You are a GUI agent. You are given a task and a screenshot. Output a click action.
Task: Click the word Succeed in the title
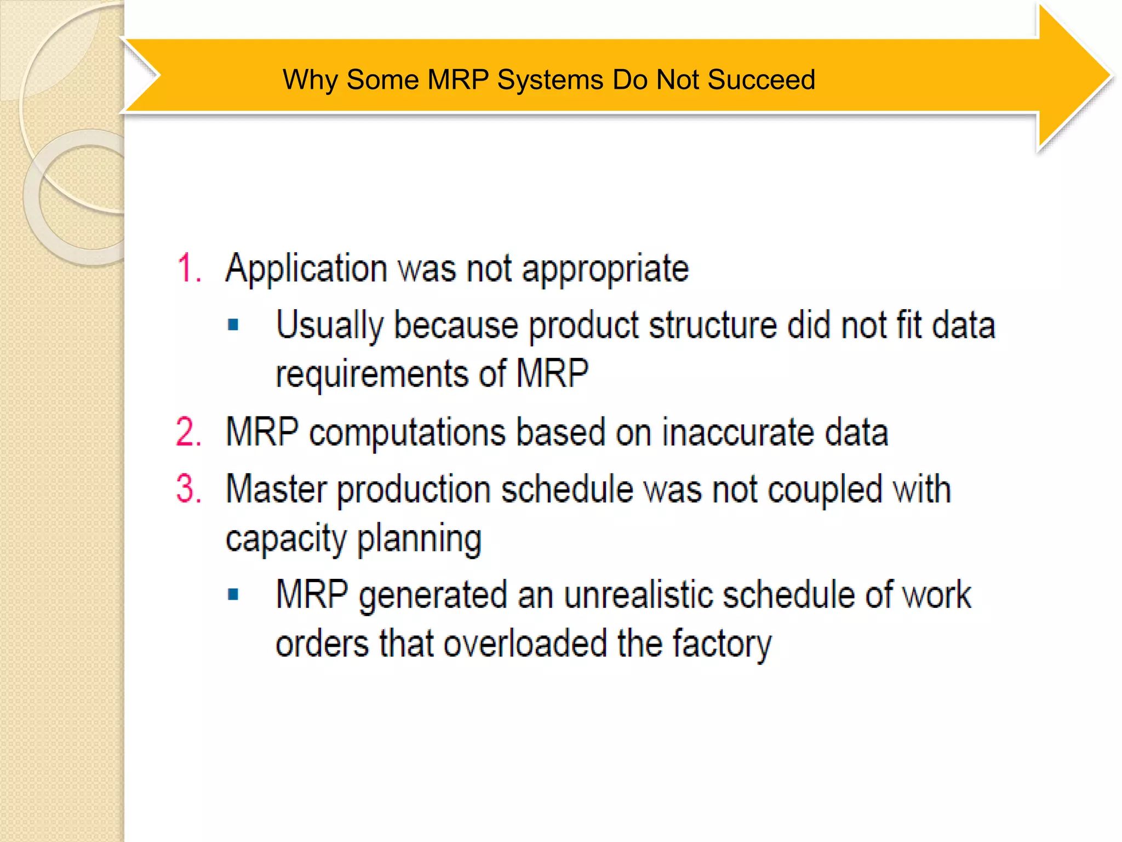point(761,80)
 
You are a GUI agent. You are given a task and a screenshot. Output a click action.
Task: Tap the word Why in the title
point(310,80)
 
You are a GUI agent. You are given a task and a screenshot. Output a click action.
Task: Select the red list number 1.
point(188,269)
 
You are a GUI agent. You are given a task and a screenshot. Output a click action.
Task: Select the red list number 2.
point(188,433)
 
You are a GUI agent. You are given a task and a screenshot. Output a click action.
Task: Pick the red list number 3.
point(188,488)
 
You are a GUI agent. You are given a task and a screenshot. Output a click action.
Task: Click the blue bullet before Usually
point(233,325)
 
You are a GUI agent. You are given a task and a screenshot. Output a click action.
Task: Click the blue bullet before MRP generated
point(233,595)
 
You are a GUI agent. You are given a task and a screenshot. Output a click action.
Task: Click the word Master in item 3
point(276,488)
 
